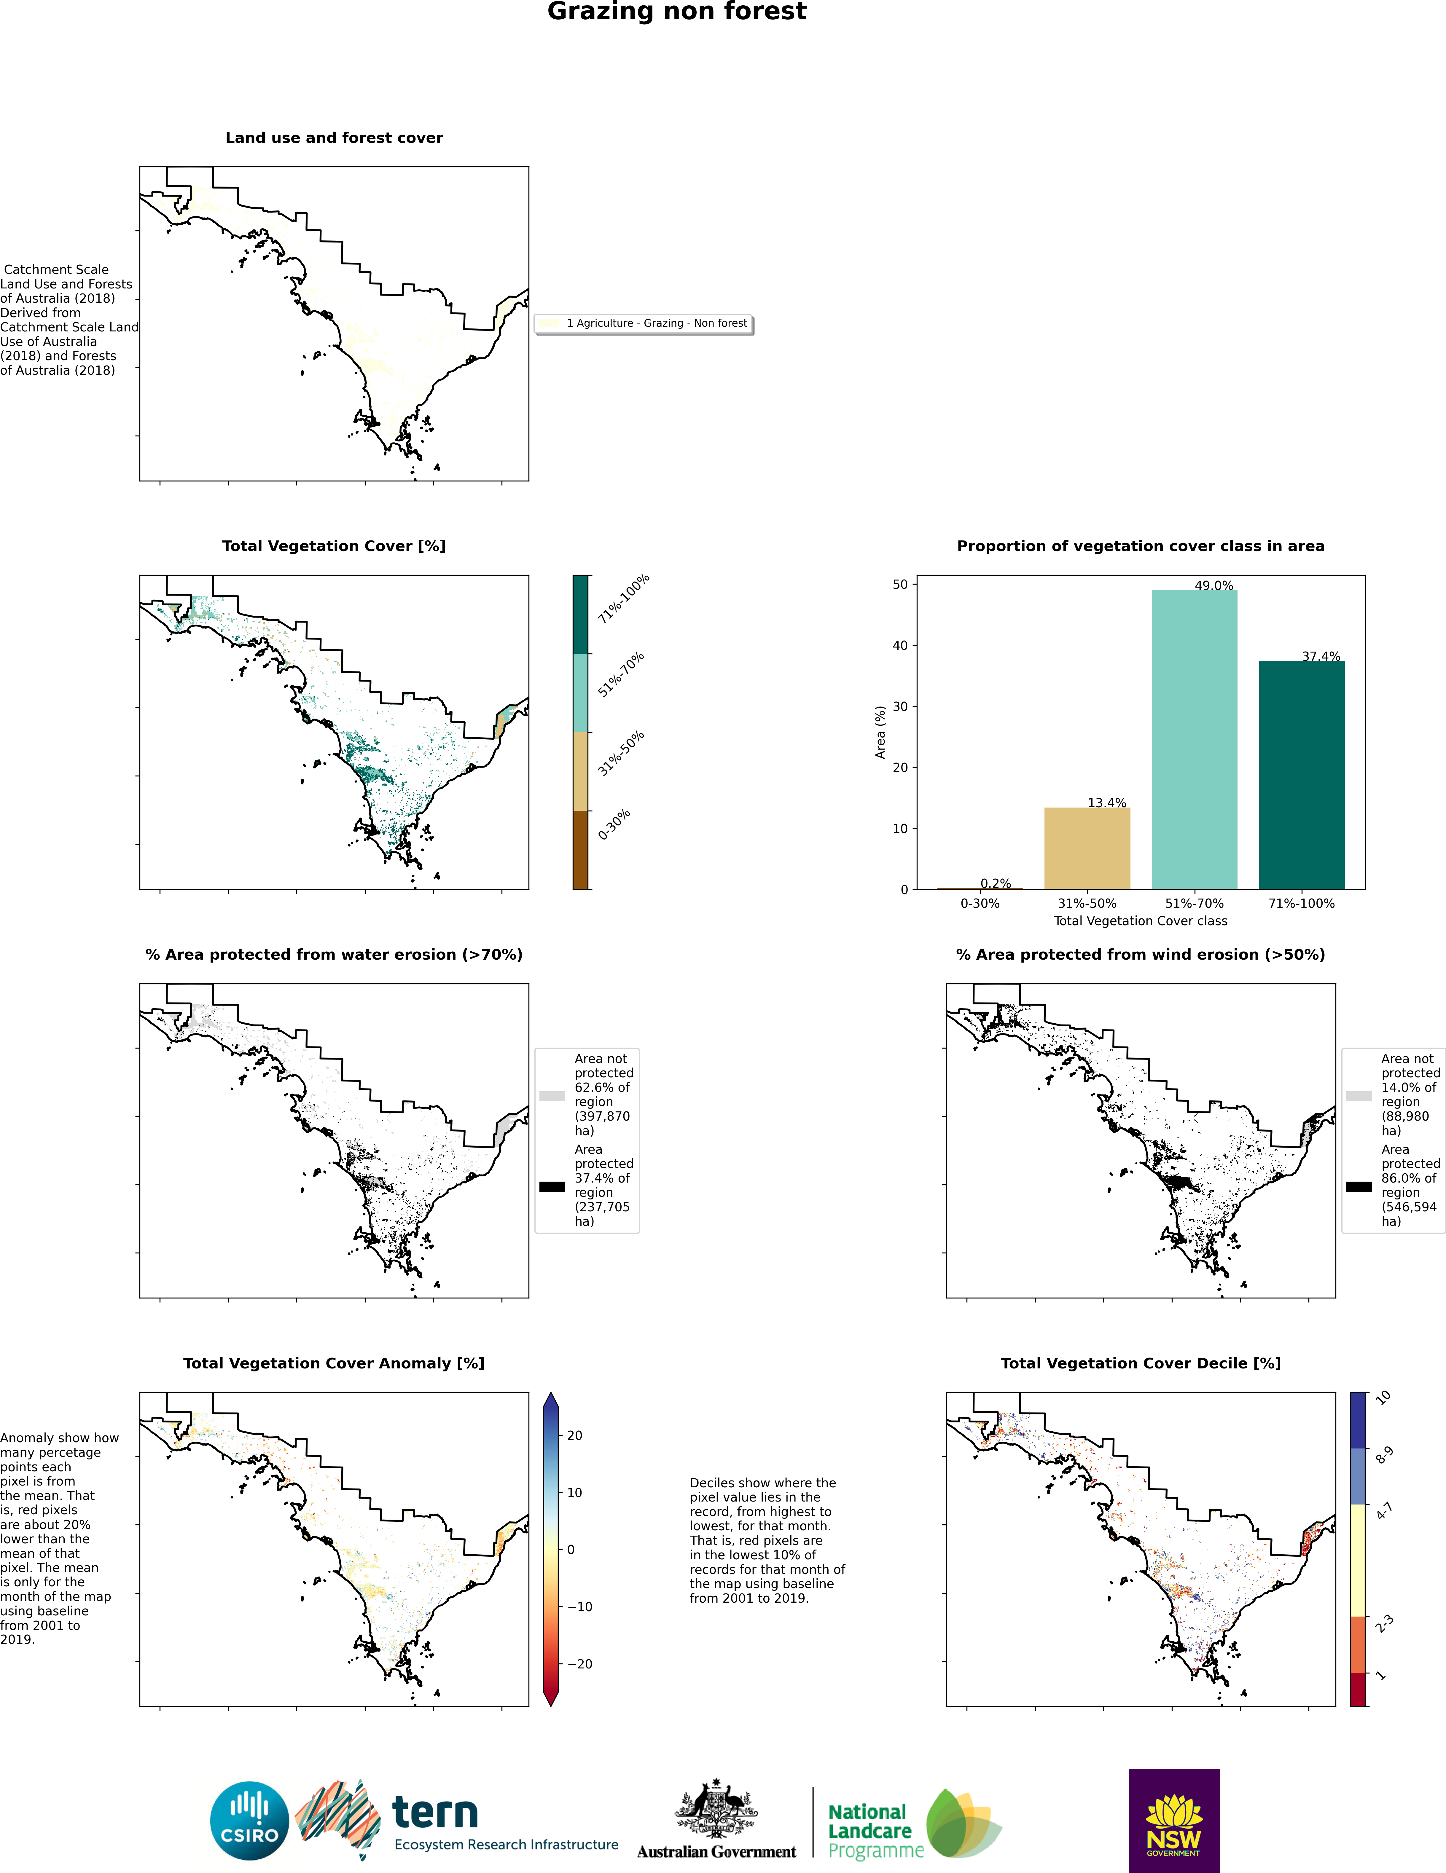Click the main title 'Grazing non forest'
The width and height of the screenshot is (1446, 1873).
[x=677, y=12]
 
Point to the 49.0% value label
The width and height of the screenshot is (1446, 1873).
[x=1214, y=586]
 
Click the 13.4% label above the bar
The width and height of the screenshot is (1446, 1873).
[x=1106, y=803]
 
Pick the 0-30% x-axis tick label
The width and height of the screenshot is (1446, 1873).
[x=980, y=903]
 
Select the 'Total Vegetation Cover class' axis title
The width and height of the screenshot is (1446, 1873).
[x=1140, y=921]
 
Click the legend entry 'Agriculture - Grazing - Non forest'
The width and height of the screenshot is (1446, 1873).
[x=656, y=323]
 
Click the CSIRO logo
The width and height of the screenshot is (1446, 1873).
[x=250, y=1820]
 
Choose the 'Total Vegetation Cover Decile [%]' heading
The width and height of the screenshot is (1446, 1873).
[x=1140, y=1364]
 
